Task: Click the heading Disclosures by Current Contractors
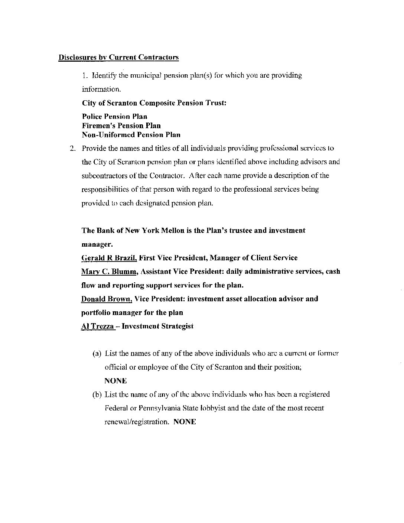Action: [x=118, y=57]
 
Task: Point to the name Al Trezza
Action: [x=97, y=327]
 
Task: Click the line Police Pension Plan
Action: [x=114, y=117]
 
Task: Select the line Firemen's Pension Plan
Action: [x=121, y=126]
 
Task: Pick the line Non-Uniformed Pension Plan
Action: [x=131, y=134]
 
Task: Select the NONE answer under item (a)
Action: [x=115, y=381]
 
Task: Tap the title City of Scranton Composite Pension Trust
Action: [x=154, y=103]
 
